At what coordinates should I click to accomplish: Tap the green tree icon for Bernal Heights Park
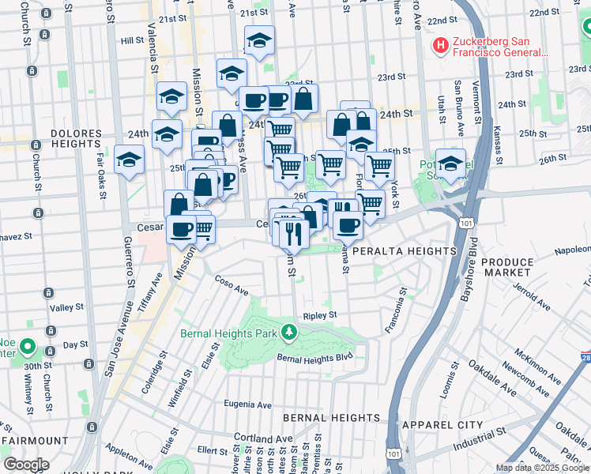(x=289, y=333)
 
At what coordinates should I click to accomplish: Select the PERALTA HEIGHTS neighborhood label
(x=404, y=250)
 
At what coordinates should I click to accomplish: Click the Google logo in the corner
(x=26, y=465)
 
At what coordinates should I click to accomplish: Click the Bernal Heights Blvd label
(x=314, y=358)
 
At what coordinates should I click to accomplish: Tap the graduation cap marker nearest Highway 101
(x=450, y=164)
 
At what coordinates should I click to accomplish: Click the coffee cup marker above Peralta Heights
(x=347, y=225)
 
